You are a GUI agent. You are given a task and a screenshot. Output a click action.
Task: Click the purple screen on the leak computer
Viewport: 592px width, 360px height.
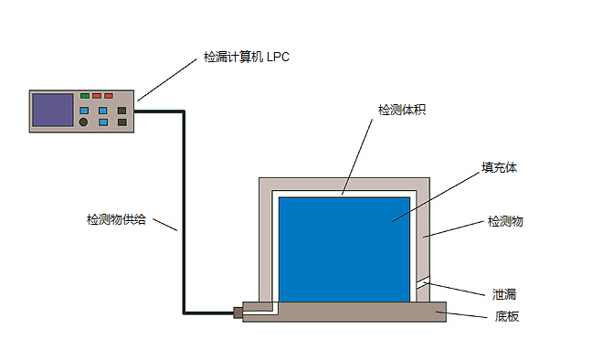[x=52, y=110]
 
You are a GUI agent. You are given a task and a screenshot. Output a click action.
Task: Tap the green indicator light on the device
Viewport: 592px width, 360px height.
[x=85, y=96]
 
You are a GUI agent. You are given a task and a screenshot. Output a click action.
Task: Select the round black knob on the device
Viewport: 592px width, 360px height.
[x=83, y=122]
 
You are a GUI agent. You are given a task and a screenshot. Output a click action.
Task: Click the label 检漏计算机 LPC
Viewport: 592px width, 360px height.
[x=246, y=57]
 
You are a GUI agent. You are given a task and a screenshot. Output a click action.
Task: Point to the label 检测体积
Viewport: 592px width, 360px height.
[x=402, y=110]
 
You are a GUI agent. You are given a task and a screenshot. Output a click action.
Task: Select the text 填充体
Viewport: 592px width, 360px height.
[x=499, y=167]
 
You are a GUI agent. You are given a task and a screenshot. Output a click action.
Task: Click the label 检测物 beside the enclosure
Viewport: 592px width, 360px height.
[x=505, y=221]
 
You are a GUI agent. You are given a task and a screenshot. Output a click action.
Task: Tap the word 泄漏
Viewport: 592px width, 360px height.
[x=504, y=294]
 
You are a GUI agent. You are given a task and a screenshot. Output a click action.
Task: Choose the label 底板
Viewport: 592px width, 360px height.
[x=507, y=316]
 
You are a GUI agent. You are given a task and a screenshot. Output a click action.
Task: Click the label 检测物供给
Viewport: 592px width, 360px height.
[x=116, y=219]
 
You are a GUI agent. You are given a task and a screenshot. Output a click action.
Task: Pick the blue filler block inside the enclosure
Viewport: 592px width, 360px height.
[x=344, y=249]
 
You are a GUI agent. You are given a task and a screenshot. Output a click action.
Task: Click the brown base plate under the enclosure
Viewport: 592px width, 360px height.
[x=344, y=312]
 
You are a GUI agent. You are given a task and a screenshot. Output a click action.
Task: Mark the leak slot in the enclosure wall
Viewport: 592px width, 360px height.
[x=423, y=283]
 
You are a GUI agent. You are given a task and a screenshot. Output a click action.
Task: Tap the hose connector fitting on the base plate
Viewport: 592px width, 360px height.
[x=238, y=312]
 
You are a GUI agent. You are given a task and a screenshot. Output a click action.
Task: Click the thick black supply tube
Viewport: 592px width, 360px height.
[x=184, y=212]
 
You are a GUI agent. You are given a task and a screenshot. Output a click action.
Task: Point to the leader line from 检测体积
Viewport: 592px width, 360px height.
[x=357, y=157]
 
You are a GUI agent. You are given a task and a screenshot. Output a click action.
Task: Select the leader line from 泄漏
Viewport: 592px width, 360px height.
[x=454, y=289]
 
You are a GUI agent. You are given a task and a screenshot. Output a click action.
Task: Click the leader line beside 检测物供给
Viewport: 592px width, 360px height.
[x=165, y=225]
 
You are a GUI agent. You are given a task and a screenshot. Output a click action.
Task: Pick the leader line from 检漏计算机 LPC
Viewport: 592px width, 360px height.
[x=167, y=79]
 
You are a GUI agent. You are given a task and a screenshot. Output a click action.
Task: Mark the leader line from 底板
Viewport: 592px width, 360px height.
[x=461, y=314]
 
